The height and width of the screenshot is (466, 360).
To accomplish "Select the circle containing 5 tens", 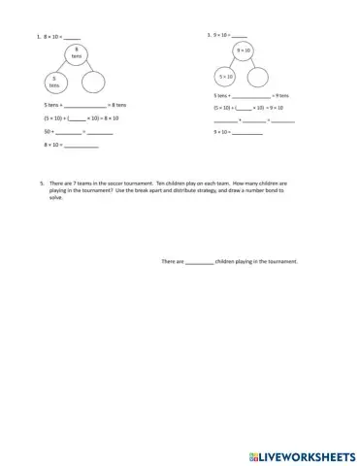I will click(55, 83).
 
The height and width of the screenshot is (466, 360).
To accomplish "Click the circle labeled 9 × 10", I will click(244, 50).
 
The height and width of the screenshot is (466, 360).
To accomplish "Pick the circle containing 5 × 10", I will click(225, 76).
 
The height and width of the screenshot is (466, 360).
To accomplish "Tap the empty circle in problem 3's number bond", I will click(259, 76).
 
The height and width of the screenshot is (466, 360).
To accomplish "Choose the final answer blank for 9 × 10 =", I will click(248, 131).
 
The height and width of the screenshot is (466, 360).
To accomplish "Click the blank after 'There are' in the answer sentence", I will click(199, 261).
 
